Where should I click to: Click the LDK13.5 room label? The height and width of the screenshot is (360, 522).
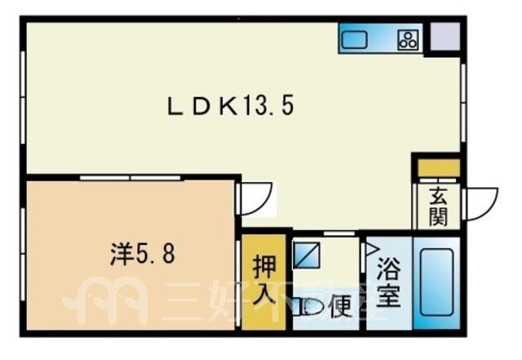[230, 107]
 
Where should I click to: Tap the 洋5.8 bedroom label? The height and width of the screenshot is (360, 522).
[142, 254]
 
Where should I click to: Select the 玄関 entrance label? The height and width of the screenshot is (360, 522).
[438, 206]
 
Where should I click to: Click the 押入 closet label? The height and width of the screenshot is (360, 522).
[264, 280]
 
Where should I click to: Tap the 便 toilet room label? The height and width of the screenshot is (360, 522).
[340, 305]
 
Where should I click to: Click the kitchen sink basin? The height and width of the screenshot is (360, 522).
[354, 39]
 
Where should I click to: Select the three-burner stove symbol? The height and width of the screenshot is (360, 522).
[408, 40]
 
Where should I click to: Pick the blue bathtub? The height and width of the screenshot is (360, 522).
[436, 282]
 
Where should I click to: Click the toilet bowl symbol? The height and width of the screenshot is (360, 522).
[311, 306]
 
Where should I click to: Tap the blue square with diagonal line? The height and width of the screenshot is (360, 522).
[307, 255]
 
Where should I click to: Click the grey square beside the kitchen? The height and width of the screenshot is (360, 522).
[445, 37]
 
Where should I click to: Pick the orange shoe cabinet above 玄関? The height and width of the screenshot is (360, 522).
[439, 168]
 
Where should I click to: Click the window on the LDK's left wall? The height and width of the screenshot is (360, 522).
[23, 97]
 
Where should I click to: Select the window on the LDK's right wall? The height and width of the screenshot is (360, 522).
[463, 102]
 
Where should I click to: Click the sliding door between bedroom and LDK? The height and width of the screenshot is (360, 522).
[130, 178]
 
